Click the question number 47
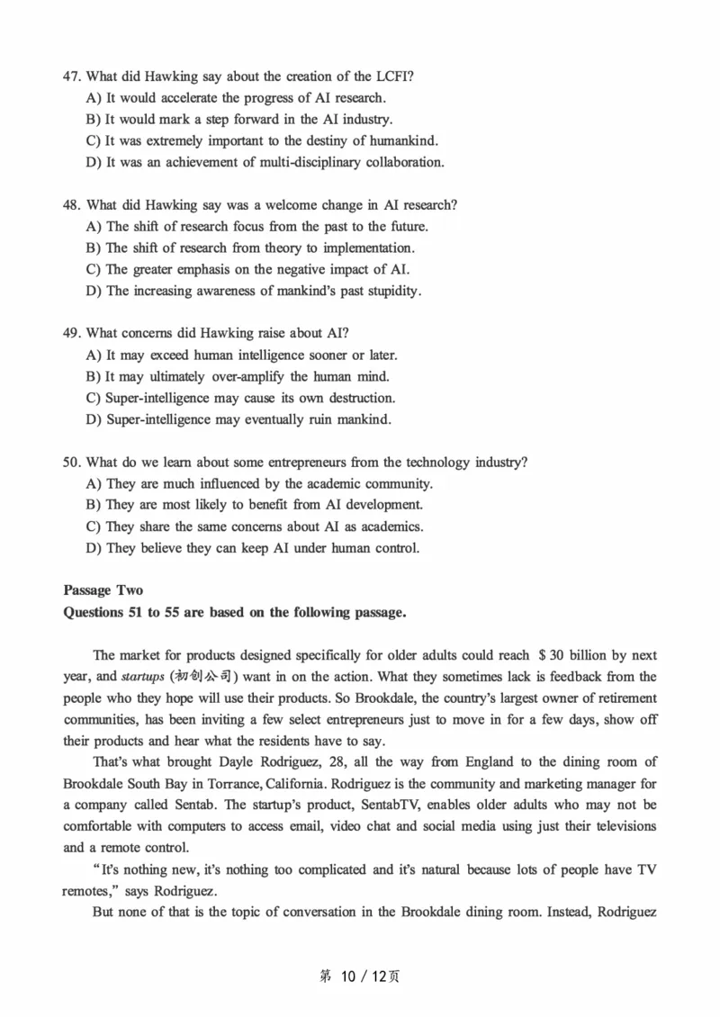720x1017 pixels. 72,76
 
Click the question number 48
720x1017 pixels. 72,205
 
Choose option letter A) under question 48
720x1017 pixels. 94,227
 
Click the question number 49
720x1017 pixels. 72,334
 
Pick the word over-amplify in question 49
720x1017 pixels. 247,377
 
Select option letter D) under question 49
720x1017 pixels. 94,419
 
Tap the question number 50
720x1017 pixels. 72,463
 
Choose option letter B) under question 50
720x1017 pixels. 94,506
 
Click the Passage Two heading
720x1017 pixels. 103,590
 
